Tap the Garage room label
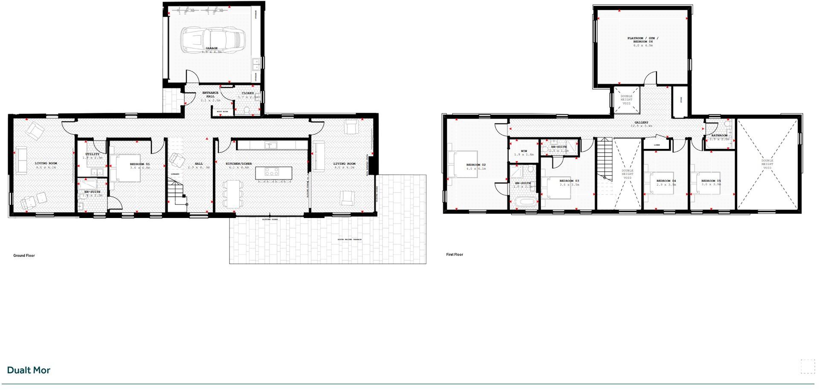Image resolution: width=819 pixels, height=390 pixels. pos(211,48)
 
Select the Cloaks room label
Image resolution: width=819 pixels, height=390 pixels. pos(248,93)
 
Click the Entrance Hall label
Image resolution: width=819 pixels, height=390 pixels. pos(210,94)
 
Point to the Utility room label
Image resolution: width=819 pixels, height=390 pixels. pos(92,154)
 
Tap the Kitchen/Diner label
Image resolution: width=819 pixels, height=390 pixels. pos(239,163)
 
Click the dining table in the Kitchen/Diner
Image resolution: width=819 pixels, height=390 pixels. pos(233,194)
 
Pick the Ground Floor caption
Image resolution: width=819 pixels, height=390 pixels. pos(24,256)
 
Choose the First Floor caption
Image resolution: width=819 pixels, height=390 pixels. pos(454,255)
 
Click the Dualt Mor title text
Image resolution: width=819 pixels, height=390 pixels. pos(29,370)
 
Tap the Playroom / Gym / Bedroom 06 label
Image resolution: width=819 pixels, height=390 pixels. pos(642,40)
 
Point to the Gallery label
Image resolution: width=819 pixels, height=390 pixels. pos(641,122)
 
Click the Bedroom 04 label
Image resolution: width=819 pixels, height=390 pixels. pos(666,180)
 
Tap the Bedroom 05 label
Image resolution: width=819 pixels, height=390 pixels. pos(711,180)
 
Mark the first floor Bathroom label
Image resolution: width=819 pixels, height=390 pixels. pos(719,135)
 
